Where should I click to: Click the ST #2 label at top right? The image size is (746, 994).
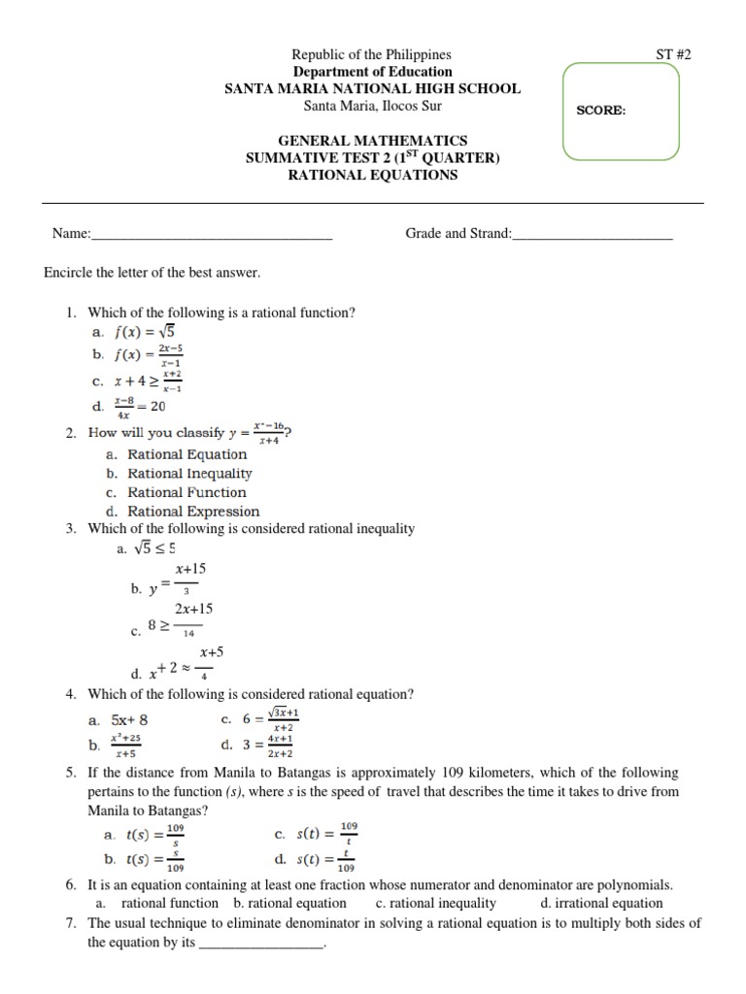(672, 55)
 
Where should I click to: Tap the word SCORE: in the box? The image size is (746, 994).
(601, 110)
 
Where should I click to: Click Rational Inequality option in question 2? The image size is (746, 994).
(189, 474)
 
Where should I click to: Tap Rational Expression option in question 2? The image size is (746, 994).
(193, 512)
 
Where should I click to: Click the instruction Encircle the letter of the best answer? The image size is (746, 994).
(153, 273)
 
